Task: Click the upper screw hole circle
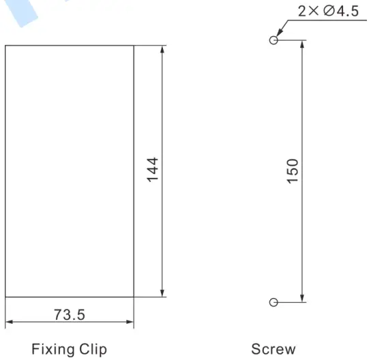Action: pos(273,40)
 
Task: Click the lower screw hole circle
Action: pos(273,302)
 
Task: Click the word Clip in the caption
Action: pos(92,349)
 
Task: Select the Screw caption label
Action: pos(274,349)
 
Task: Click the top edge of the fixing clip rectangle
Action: pos(69,46)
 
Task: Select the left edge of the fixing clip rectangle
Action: pos(5,170)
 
